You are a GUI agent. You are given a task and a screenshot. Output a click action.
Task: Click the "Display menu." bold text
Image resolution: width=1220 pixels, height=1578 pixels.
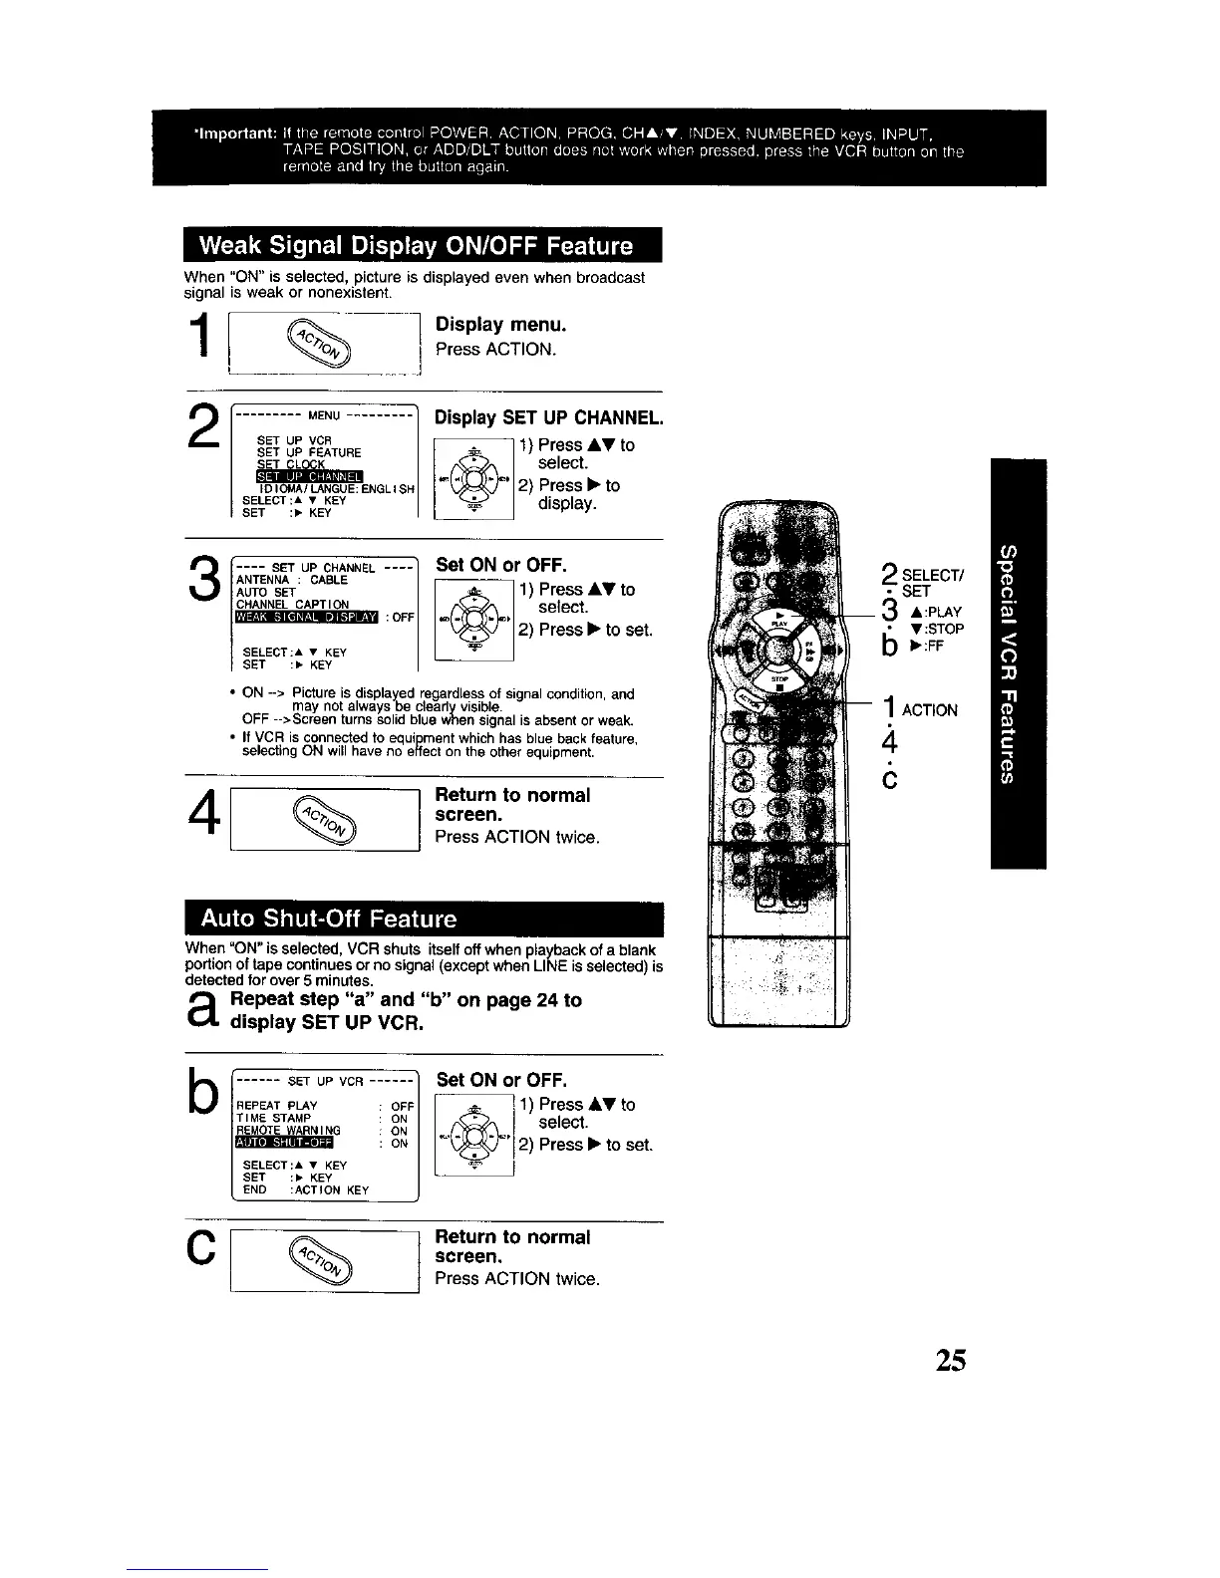pos(500,325)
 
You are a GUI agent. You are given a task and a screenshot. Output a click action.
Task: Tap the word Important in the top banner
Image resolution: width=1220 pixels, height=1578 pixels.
pos(235,134)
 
